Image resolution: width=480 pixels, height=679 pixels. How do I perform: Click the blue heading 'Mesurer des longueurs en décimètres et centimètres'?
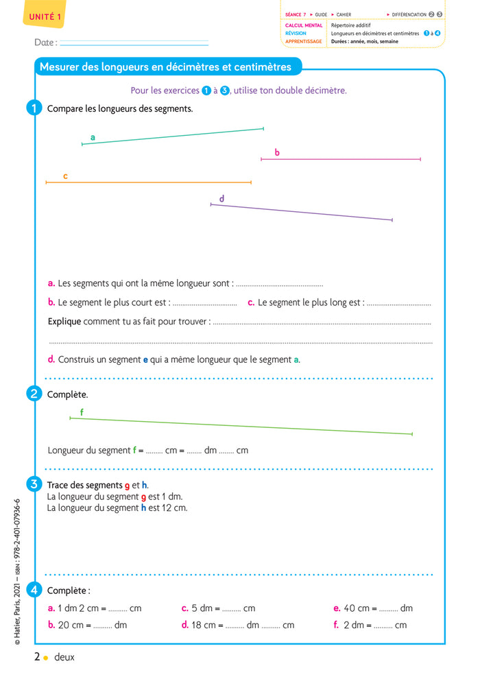165,67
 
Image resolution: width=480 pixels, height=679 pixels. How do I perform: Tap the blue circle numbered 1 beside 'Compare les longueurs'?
34,108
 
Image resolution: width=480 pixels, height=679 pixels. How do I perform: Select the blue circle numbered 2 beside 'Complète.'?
34,394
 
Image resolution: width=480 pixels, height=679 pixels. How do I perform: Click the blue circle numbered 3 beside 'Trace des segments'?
34,485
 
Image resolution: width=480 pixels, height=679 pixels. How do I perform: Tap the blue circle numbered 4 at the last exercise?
34,590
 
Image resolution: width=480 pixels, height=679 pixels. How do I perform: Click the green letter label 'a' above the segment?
93,138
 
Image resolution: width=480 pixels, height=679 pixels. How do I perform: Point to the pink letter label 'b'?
277,153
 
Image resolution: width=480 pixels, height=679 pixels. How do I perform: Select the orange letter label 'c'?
65,176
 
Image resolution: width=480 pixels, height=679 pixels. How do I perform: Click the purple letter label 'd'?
221,199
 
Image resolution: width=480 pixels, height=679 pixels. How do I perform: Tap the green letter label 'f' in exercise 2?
82,412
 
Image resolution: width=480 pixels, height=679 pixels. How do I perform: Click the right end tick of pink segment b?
420,159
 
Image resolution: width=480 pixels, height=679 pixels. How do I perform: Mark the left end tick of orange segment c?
46,182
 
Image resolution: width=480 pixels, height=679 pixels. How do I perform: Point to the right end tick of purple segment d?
392,220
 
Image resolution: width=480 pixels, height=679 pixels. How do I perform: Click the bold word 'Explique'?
64,321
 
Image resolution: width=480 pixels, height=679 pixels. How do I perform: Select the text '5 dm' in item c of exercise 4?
202,608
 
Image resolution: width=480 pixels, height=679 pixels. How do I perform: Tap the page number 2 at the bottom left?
37,657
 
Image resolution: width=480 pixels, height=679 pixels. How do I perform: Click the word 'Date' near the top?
45,43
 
